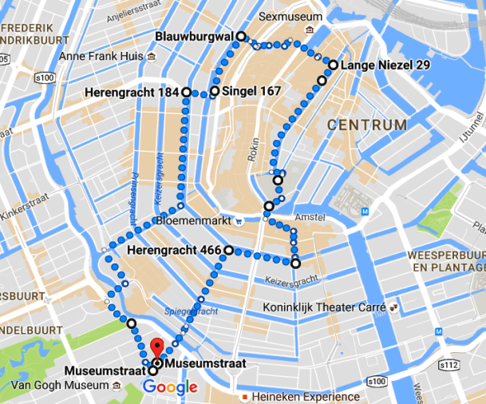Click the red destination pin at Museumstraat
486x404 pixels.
click(x=157, y=348)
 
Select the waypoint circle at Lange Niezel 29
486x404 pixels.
click(x=332, y=65)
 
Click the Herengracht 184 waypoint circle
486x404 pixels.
click(x=187, y=93)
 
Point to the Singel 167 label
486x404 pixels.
click(x=251, y=92)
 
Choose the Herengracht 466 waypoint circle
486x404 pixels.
click(x=229, y=251)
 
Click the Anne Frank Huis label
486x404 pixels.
click(x=101, y=57)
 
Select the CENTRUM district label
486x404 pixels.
click(x=366, y=125)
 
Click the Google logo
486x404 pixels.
click(x=170, y=388)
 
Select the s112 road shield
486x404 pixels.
click(x=449, y=365)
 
